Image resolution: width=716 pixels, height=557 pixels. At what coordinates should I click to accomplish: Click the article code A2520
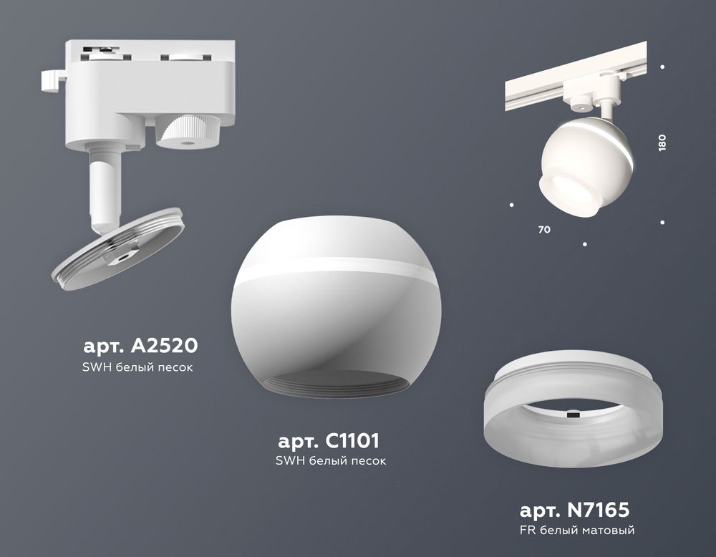pos(140,347)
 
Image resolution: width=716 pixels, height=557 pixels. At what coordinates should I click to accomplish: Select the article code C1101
pos(329,439)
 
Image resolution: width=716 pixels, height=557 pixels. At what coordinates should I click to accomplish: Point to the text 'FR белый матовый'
pos(577,531)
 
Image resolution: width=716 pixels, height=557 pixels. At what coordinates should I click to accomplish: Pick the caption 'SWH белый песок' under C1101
pos(330,460)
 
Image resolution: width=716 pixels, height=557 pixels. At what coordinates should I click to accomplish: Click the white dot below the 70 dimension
pos(585,245)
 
